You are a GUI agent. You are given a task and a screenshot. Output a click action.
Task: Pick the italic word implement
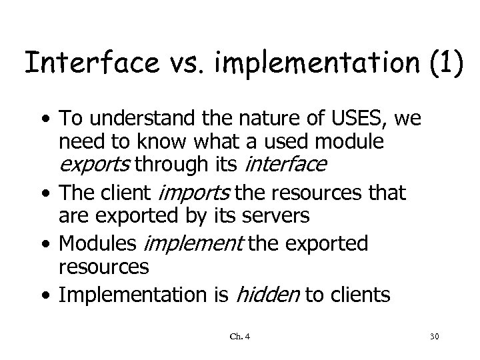[x=196, y=245]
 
